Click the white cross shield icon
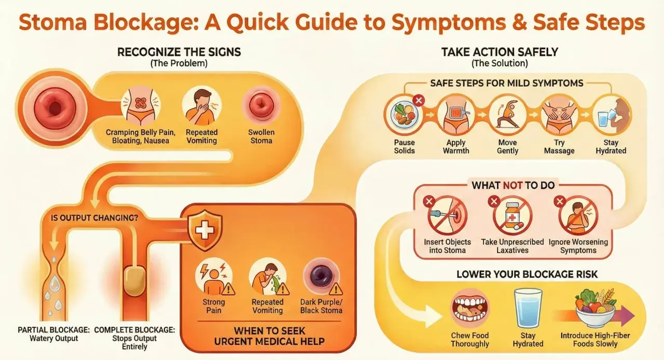point(205,230)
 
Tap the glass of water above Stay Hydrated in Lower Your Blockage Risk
point(528,309)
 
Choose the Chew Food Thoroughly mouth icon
point(470,309)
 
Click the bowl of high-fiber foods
point(595,308)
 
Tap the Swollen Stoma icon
point(261,106)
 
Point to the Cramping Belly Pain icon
point(140,106)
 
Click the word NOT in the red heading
point(513,186)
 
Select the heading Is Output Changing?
point(94,218)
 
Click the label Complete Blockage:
point(134,330)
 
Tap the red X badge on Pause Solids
point(419,101)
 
